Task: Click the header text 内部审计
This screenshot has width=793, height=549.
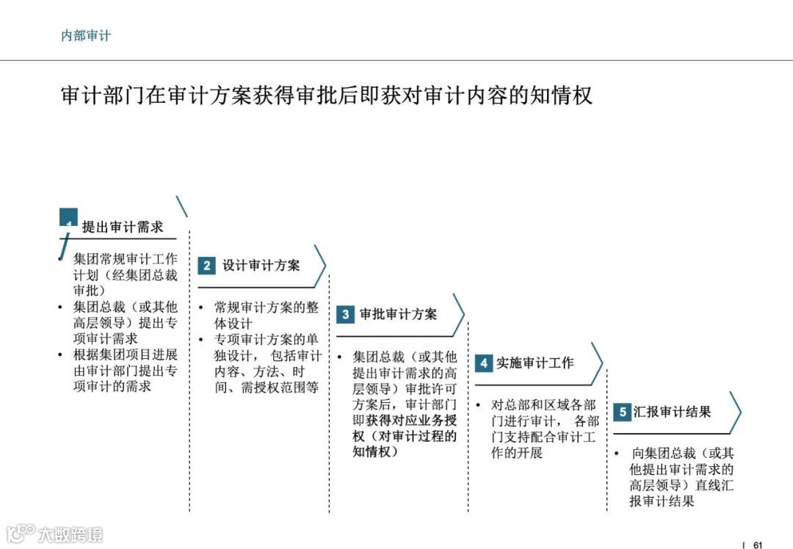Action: (x=86, y=35)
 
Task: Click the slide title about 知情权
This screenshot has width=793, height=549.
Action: (x=326, y=96)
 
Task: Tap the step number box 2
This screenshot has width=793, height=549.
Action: (x=206, y=266)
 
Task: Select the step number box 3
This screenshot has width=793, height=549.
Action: (x=345, y=315)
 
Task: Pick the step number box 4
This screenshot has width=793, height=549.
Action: (x=483, y=363)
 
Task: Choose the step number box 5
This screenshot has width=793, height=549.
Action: (x=622, y=412)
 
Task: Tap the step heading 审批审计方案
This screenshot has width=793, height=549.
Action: (x=399, y=315)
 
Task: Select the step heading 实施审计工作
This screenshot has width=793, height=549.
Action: (x=535, y=363)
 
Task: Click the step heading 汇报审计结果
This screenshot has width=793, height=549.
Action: (x=673, y=412)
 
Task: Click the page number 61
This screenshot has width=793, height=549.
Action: (x=758, y=544)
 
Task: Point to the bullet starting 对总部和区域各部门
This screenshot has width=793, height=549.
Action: (x=544, y=429)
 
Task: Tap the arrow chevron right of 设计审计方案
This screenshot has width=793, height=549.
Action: (x=320, y=266)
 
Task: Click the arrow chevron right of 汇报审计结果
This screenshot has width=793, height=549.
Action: (x=735, y=412)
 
